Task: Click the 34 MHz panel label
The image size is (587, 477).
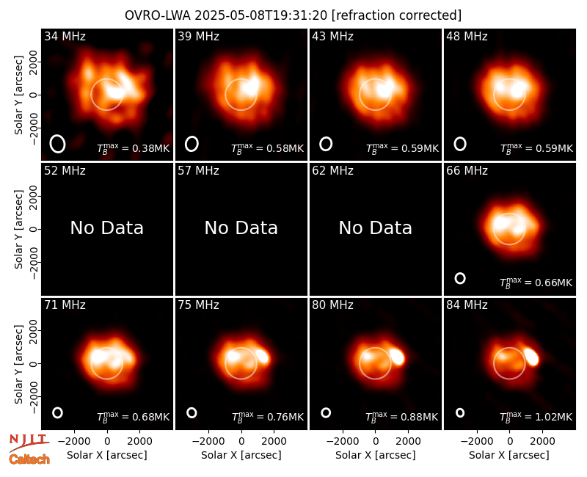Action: tap(65, 36)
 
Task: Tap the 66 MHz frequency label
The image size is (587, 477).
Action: tap(467, 171)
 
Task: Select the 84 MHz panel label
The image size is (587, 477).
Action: tap(467, 305)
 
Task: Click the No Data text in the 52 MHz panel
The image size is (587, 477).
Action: tap(106, 227)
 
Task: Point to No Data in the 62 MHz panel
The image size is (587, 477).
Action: tap(375, 227)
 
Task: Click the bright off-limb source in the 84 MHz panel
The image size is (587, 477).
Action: tap(531, 357)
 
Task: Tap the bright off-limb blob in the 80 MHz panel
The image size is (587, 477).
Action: tap(397, 357)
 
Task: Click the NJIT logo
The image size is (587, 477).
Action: tap(29, 441)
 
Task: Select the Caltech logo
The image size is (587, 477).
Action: tap(29, 459)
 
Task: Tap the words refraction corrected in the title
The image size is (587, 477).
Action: tap(396, 15)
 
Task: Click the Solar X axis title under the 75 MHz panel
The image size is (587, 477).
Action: tap(241, 455)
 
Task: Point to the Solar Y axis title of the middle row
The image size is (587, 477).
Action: tap(19, 229)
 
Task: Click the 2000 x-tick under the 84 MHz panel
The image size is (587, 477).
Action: tap(542, 441)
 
